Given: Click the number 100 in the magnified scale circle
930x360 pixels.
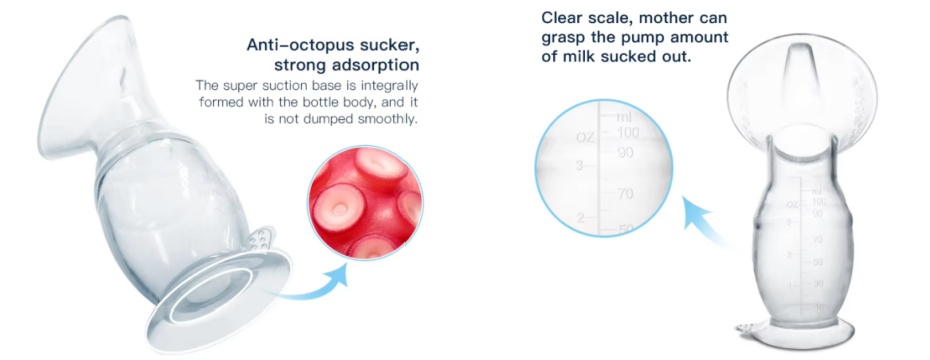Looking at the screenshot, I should click(627, 132).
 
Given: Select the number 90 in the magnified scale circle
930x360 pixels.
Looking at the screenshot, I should click(626, 152).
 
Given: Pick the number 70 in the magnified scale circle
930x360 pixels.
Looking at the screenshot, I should click(625, 194).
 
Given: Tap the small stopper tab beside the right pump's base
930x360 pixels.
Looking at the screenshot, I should click(749, 329).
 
